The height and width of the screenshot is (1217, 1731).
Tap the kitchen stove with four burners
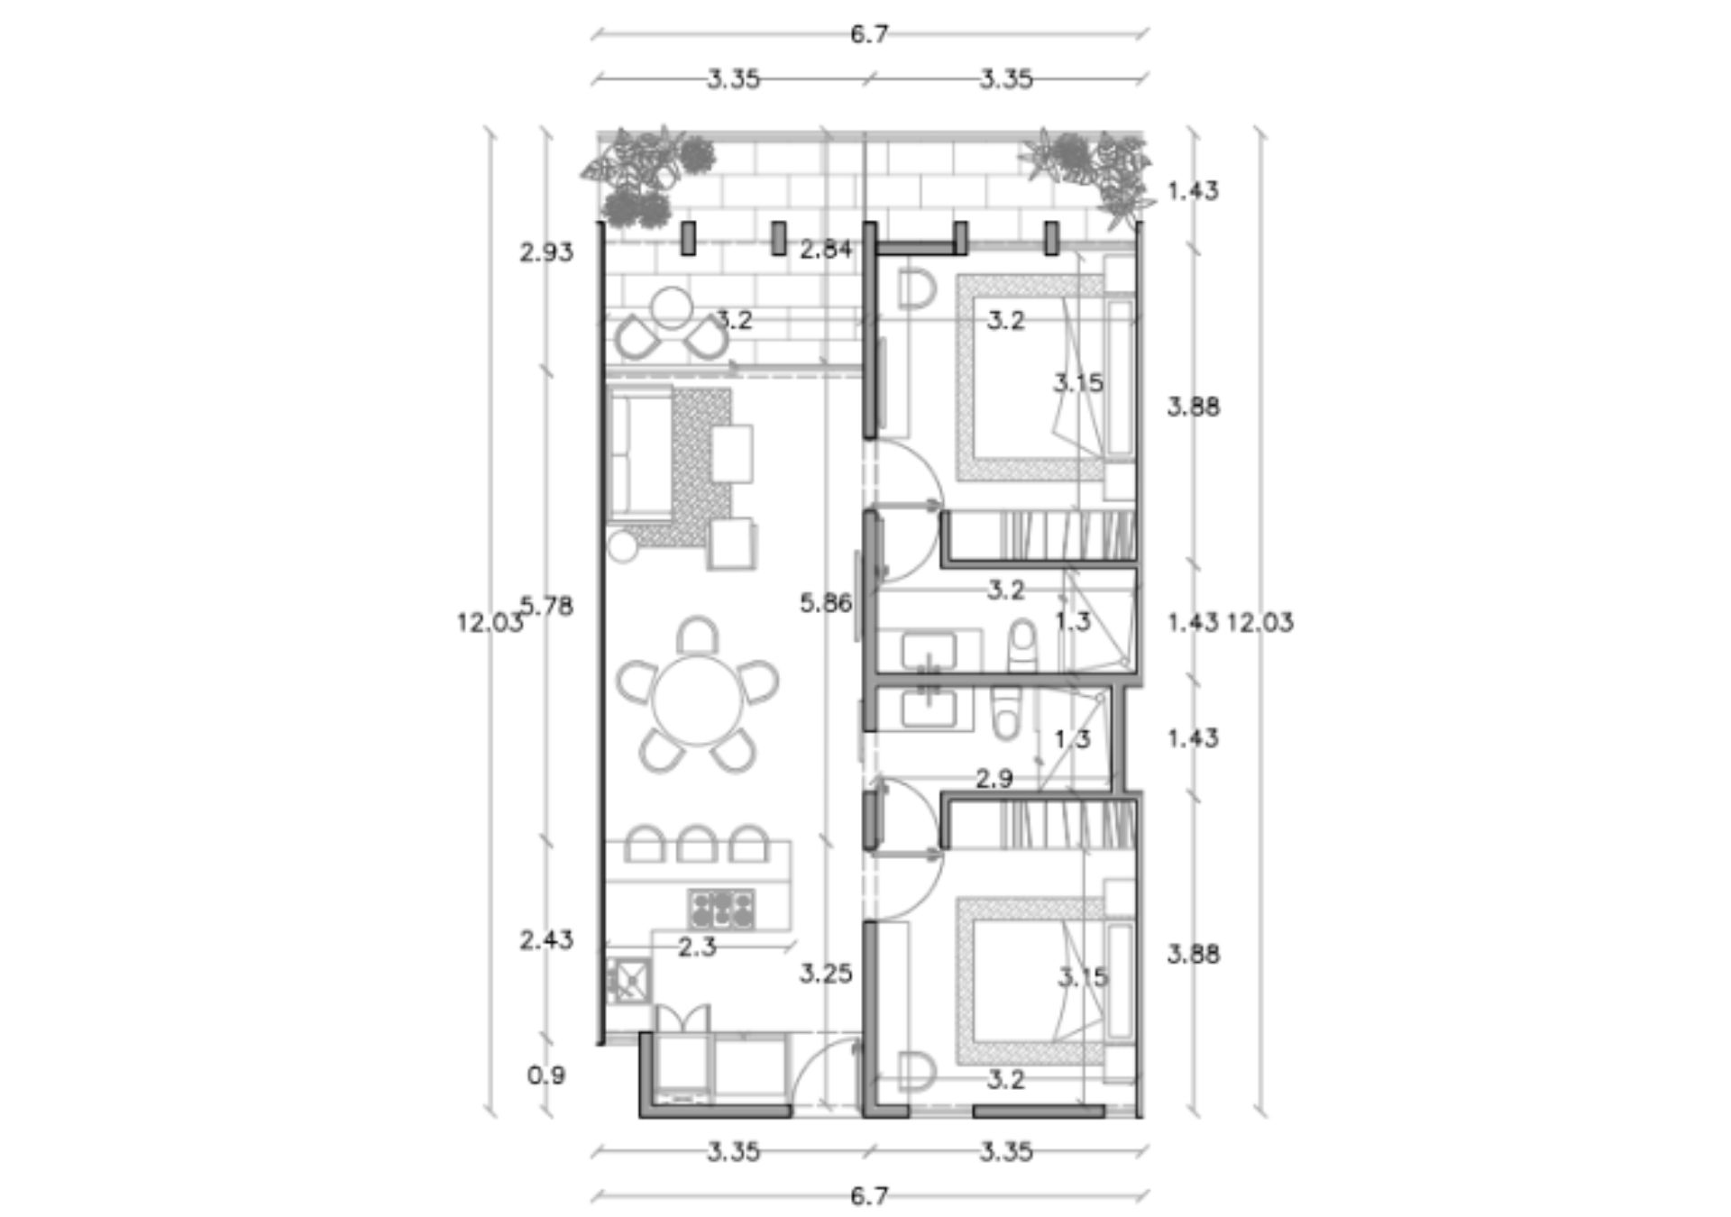click(721, 910)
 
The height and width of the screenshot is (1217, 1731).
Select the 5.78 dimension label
click(547, 607)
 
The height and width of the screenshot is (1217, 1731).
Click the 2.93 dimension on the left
click(546, 252)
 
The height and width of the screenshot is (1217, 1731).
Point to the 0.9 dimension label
click(546, 1075)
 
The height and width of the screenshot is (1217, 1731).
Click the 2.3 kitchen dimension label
click(697, 947)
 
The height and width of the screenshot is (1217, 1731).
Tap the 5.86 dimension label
click(826, 603)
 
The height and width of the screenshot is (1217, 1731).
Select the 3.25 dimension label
click(826, 974)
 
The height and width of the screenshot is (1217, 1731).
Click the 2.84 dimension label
click(826, 249)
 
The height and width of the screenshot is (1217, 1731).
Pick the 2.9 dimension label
click(994, 778)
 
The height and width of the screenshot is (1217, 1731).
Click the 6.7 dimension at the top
click(869, 34)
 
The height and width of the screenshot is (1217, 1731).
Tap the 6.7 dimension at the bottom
click(869, 1196)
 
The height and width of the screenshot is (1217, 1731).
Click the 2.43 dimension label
click(546, 940)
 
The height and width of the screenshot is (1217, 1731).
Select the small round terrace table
click(672, 307)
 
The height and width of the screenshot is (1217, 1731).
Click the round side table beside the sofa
click(622, 546)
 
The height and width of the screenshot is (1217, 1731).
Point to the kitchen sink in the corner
click(628, 981)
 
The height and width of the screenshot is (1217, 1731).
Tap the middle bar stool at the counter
click(697, 843)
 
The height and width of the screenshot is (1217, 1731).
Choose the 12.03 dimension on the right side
click(1260, 622)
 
